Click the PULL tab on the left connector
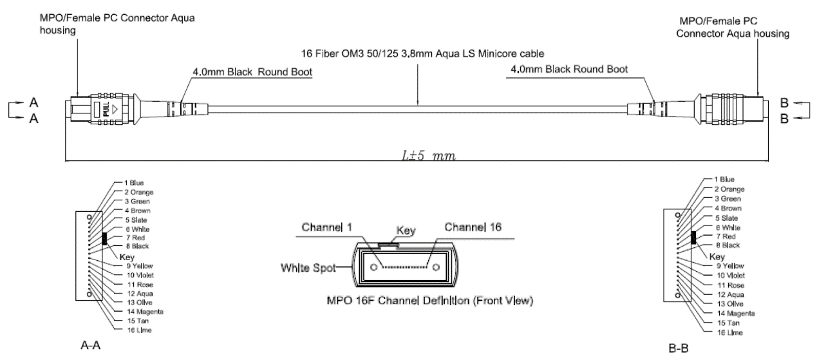pyautogui.click(x=106, y=109)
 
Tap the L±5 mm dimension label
pyautogui.click(x=429, y=156)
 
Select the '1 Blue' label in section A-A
pyautogui.click(x=134, y=183)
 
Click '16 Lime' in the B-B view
pyautogui.click(x=730, y=333)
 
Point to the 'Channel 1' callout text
pyautogui.click(x=327, y=227)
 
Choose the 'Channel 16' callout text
pyautogui.click(x=473, y=227)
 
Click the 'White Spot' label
pyautogui.click(x=308, y=268)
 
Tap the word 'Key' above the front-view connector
pyautogui.click(x=406, y=231)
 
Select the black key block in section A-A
pyautogui.click(x=105, y=238)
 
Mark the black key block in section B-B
pyautogui.click(x=693, y=238)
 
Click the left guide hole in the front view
pyautogui.click(x=373, y=267)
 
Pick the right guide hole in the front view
pyautogui.click(x=436, y=267)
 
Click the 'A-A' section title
pyautogui.click(x=90, y=345)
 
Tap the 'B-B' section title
pyautogui.click(x=679, y=348)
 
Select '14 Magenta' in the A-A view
pyautogui.click(x=145, y=312)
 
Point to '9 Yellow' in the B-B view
pyautogui.click(x=730, y=266)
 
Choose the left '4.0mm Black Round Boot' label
pyautogui.click(x=252, y=72)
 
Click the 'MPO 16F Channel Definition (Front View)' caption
pyautogui.click(x=429, y=301)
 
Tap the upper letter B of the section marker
pyautogui.click(x=784, y=103)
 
